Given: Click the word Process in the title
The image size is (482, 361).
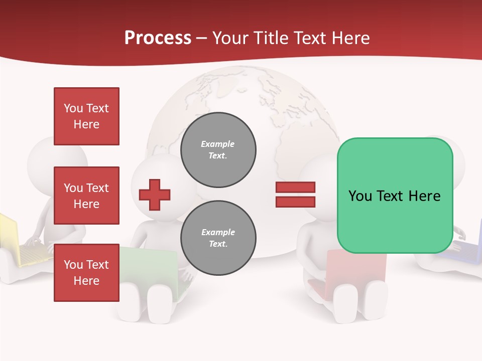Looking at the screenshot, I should pyautogui.click(x=158, y=38).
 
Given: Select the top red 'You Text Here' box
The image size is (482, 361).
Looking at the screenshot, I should pyautogui.click(x=86, y=116).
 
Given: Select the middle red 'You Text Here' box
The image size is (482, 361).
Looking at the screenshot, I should pyautogui.click(x=86, y=196).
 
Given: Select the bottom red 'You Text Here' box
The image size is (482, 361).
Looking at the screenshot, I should pyautogui.click(x=86, y=273).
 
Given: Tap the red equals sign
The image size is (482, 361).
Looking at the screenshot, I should pyautogui.click(x=295, y=195).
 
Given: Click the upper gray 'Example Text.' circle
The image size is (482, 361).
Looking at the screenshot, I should pyautogui.click(x=218, y=150).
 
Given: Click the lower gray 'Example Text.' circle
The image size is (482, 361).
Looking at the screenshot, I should pyautogui.click(x=218, y=238).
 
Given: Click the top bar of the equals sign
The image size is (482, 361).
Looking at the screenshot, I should pyautogui.click(x=295, y=188).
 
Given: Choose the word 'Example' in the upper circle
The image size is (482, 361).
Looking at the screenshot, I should pyautogui.click(x=217, y=144).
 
